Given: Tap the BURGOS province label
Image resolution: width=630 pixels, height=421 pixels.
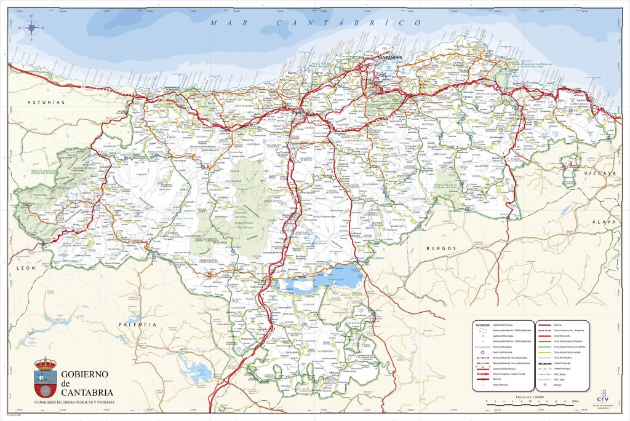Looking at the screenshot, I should [x=441, y=248].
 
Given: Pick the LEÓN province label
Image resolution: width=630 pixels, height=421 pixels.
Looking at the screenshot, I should [x=26, y=269].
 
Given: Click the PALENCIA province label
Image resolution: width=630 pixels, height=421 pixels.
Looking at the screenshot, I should [x=138, y=324].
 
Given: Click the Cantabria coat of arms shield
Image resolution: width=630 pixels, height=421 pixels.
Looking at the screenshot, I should [x=44, y=377].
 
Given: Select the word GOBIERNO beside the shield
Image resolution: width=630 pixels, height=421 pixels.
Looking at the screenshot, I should [x=85, y=374].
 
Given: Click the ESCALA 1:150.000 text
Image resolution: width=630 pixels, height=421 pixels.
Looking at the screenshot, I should [x=530, y=398].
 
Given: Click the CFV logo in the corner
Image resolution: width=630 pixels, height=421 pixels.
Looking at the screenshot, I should [x=602, y=395].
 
